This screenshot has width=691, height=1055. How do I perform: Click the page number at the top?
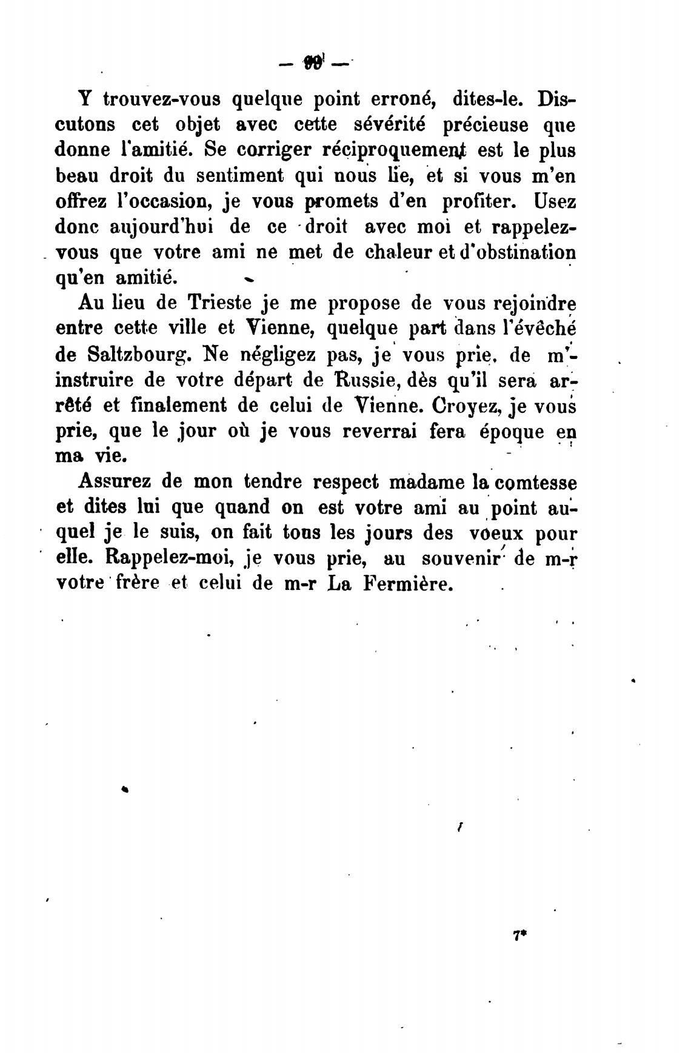(x=315, y=62)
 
